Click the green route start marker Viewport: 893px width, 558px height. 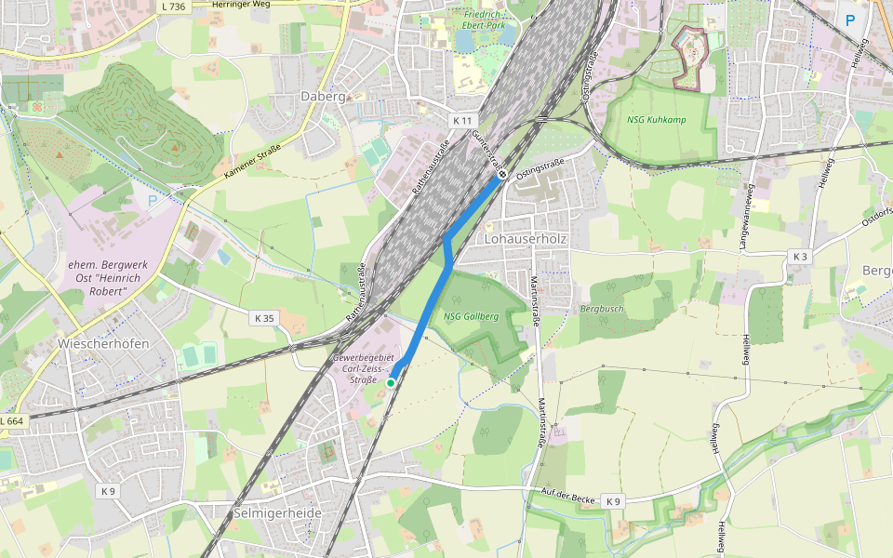[x=391, y=382]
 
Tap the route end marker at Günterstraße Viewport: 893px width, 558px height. [x=502, y=174]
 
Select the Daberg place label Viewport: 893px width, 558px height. [x=323, y=96]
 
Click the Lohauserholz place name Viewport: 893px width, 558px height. [x=526, y=239]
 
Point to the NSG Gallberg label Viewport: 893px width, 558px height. [x=471, y=316]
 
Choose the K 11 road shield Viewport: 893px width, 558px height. [x=462, y=121]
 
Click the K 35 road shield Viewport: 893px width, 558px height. [x=264, y=318]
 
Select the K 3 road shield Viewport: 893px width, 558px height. [x=798, y=256]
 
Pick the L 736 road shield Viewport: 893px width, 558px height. [x=172, y=6]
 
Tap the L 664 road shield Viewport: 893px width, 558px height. [x=11, y=421]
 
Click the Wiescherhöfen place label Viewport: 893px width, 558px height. [x=103, y=343]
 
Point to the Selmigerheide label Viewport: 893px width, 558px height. [x=276, y=513]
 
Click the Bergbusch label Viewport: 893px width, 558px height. [x=602, y=309]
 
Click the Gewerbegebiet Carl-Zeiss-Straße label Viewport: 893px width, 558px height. [x=363, y=368]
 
